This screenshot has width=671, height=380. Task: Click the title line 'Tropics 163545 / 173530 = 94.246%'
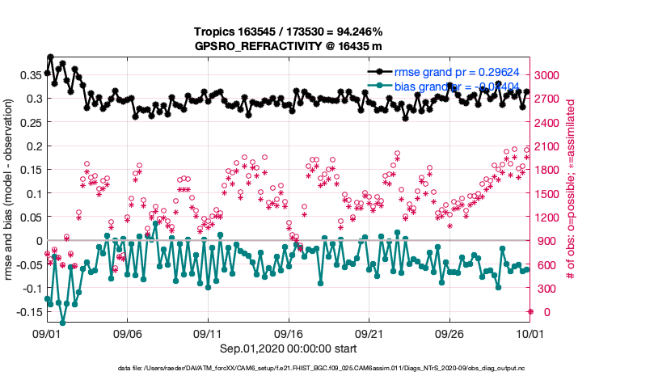point(287,32)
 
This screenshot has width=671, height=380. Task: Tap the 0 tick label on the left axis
point(37,241)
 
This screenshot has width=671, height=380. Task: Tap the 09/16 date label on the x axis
point(289,333)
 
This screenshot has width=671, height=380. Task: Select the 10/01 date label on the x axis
point(530,333)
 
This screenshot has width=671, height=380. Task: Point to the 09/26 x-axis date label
point(449,333)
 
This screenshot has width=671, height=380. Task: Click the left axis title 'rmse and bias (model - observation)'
point(11,190)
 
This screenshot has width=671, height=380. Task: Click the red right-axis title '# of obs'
point(571,190)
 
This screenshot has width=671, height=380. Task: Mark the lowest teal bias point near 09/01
point(62,323)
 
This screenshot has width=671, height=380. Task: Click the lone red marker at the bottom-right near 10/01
point(530,311)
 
